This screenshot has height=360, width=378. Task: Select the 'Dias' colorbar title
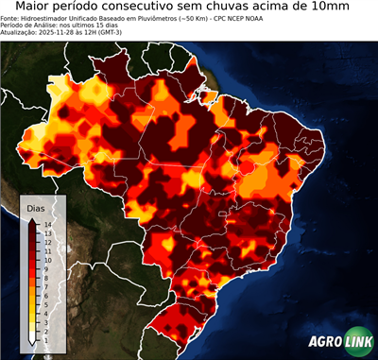pyautogui.click(x=36, y=208)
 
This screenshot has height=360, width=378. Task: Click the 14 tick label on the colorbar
pyautogui.click(x=46, y=224)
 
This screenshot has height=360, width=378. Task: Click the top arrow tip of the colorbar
pyautogui.click(x=33, y=220)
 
